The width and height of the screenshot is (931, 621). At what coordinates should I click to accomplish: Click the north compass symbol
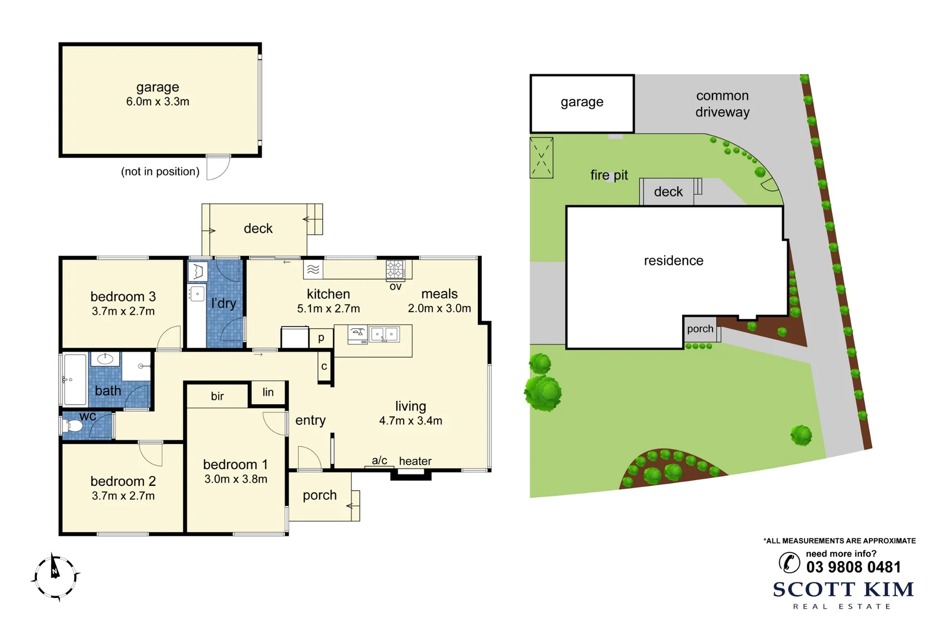pos(55,576)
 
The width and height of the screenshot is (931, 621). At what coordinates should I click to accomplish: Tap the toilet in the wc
pos(72,426)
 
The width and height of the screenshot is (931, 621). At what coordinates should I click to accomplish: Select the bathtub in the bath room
pos(75,379)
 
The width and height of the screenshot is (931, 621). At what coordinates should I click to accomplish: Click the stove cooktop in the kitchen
pos(395,269)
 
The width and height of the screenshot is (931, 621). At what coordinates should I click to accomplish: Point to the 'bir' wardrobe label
pos(217,396)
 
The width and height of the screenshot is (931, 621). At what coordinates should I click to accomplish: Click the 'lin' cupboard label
pos(268,392)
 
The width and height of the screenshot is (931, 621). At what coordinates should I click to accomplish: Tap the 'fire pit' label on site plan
pos(609,175)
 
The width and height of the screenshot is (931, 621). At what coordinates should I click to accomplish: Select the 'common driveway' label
pos(722,104)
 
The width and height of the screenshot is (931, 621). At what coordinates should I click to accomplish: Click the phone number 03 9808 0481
pos(853,568)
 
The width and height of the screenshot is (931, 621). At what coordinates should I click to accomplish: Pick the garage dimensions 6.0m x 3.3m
pos(158,102)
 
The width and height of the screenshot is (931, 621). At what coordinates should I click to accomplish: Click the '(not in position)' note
pos(160,171)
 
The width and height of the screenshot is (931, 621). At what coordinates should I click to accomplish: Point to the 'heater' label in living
pos(415,461)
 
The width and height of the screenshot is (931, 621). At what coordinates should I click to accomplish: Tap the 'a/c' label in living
pos(380,461)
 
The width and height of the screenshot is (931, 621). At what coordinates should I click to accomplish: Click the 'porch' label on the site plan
pos(700,329)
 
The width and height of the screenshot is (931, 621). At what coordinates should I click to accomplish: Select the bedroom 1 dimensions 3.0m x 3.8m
pos(236,479)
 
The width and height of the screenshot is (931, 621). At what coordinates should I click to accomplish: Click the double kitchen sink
pos(385,334)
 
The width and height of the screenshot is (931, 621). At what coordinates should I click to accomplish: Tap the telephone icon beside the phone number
pos(789,562)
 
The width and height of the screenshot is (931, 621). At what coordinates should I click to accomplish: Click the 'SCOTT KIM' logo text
pos(843,589)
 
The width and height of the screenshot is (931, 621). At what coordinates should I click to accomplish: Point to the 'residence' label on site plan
pos(673,260)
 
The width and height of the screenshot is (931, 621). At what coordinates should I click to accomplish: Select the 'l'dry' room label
pos(224,303)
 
